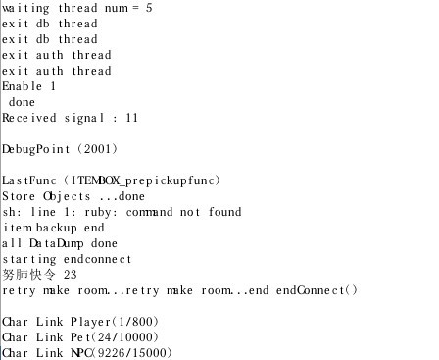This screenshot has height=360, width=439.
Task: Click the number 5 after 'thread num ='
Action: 149,8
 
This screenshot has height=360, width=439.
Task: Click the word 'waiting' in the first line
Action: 25,9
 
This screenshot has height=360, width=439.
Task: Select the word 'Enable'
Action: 23,86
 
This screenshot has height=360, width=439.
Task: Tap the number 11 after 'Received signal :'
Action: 132,118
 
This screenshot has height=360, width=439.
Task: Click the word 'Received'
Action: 29,118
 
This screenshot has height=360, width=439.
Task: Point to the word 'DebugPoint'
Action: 36,149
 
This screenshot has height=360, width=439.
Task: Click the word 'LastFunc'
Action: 29,180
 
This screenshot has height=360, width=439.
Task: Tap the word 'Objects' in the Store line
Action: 67,196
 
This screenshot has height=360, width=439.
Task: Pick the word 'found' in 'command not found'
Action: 225,212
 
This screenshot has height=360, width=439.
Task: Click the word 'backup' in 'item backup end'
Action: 57,228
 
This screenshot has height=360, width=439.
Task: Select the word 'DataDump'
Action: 57,243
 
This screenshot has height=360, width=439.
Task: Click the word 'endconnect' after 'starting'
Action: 98,259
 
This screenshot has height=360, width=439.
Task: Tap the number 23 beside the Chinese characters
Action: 71,275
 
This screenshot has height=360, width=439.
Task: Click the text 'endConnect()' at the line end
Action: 317,290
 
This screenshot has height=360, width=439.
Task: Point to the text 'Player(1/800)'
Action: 115,322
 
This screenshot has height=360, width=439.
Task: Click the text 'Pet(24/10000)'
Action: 115,337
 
